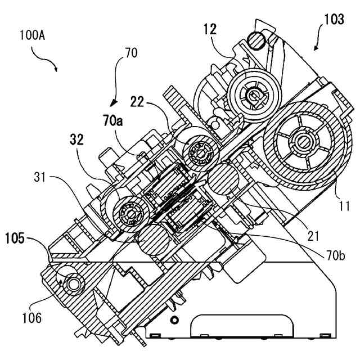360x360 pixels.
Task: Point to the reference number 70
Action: (130, 55)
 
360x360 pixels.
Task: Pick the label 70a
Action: (112, 119)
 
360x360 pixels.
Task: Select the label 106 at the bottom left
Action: (31, 318)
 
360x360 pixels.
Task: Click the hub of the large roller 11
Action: (305, 142)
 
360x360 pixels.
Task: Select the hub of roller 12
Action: (253, 94)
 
